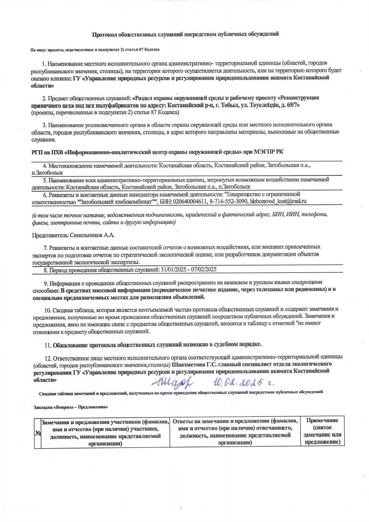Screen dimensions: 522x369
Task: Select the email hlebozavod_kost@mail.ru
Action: [x=278, y=201]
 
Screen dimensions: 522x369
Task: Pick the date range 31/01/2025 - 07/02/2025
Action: [x=188, y=270]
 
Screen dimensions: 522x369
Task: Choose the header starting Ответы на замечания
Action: [x=235, y=431]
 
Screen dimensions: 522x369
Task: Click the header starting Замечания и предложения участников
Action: [x=105, y=431]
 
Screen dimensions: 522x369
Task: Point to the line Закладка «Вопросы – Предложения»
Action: [x=71, y=407]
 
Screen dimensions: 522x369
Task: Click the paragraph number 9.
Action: [x=46, y=282]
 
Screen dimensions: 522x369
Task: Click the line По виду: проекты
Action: [x=95, y=50]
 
